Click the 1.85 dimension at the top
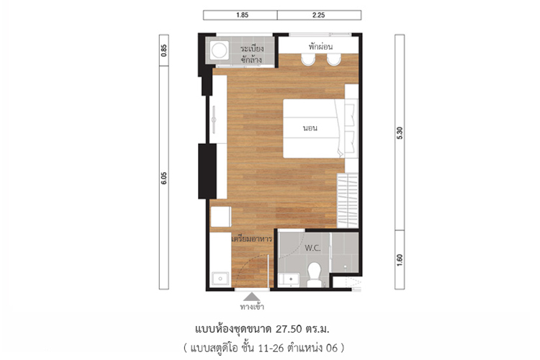(242, 15)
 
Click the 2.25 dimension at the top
(318, 15)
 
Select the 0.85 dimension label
(164, 50)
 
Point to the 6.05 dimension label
(164, 178)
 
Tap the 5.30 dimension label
(400, 133)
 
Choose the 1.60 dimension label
(400, 260)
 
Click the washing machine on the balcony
(219, 50)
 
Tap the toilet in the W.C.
(314, 274)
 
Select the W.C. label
(312, 248)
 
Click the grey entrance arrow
(252, 297)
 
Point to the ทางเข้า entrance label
(252, 306)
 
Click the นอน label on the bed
(310, 128)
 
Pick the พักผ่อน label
(320, 47)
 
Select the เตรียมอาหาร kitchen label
(252, 238)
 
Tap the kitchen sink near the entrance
(220, 279)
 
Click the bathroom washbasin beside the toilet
(291, 279)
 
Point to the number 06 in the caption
(332, 348)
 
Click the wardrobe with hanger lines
(348, 200)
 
